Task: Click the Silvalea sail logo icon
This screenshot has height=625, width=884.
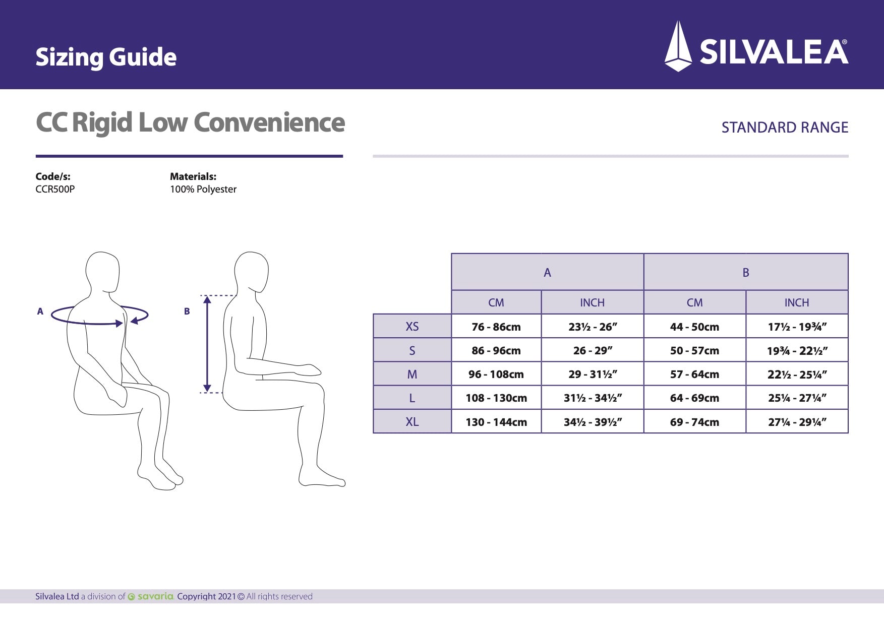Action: [678, 46]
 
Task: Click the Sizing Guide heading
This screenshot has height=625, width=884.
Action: [106, 57]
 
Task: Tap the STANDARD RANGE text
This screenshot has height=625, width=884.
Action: [785, 128]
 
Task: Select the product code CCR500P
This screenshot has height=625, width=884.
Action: [55, 190]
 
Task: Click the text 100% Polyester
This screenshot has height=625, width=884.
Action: [203, 190]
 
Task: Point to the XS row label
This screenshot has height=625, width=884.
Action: [412, 327]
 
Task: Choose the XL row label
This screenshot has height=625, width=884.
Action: [412, 422]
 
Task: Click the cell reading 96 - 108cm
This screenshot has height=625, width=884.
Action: [496, 374]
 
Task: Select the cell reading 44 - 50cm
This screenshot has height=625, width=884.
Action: [694, 327]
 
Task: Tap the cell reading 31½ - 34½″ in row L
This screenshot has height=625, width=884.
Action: [593, 398]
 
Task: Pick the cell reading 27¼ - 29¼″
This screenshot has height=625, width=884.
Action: [797, 422]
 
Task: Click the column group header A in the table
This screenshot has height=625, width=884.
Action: [547, 273]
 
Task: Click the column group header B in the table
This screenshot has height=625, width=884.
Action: [746, 273]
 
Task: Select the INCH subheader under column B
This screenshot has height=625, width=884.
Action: [797, 302]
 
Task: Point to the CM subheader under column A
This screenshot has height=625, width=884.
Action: [496, 302]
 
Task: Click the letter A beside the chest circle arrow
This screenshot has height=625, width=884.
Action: [40, 311]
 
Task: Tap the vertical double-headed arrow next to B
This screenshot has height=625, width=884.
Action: [207, 344]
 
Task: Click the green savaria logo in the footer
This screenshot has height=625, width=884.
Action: [151, 596]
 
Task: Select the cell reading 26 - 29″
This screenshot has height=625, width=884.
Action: [593, 351]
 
